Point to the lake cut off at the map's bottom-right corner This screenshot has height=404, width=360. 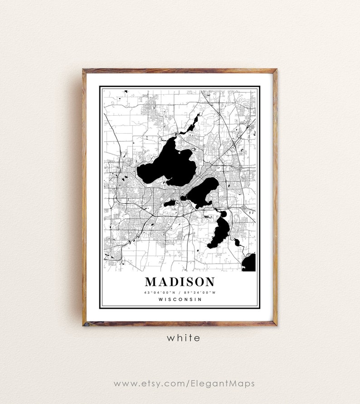point(250,263)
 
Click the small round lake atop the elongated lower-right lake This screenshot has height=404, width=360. point(223,214)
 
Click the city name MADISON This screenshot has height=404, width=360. point(180,282)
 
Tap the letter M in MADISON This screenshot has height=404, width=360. point(151,282)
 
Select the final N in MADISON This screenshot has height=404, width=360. point(209,282)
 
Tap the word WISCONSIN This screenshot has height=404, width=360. point(180,299)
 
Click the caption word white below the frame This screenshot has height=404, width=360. point(183,338)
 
